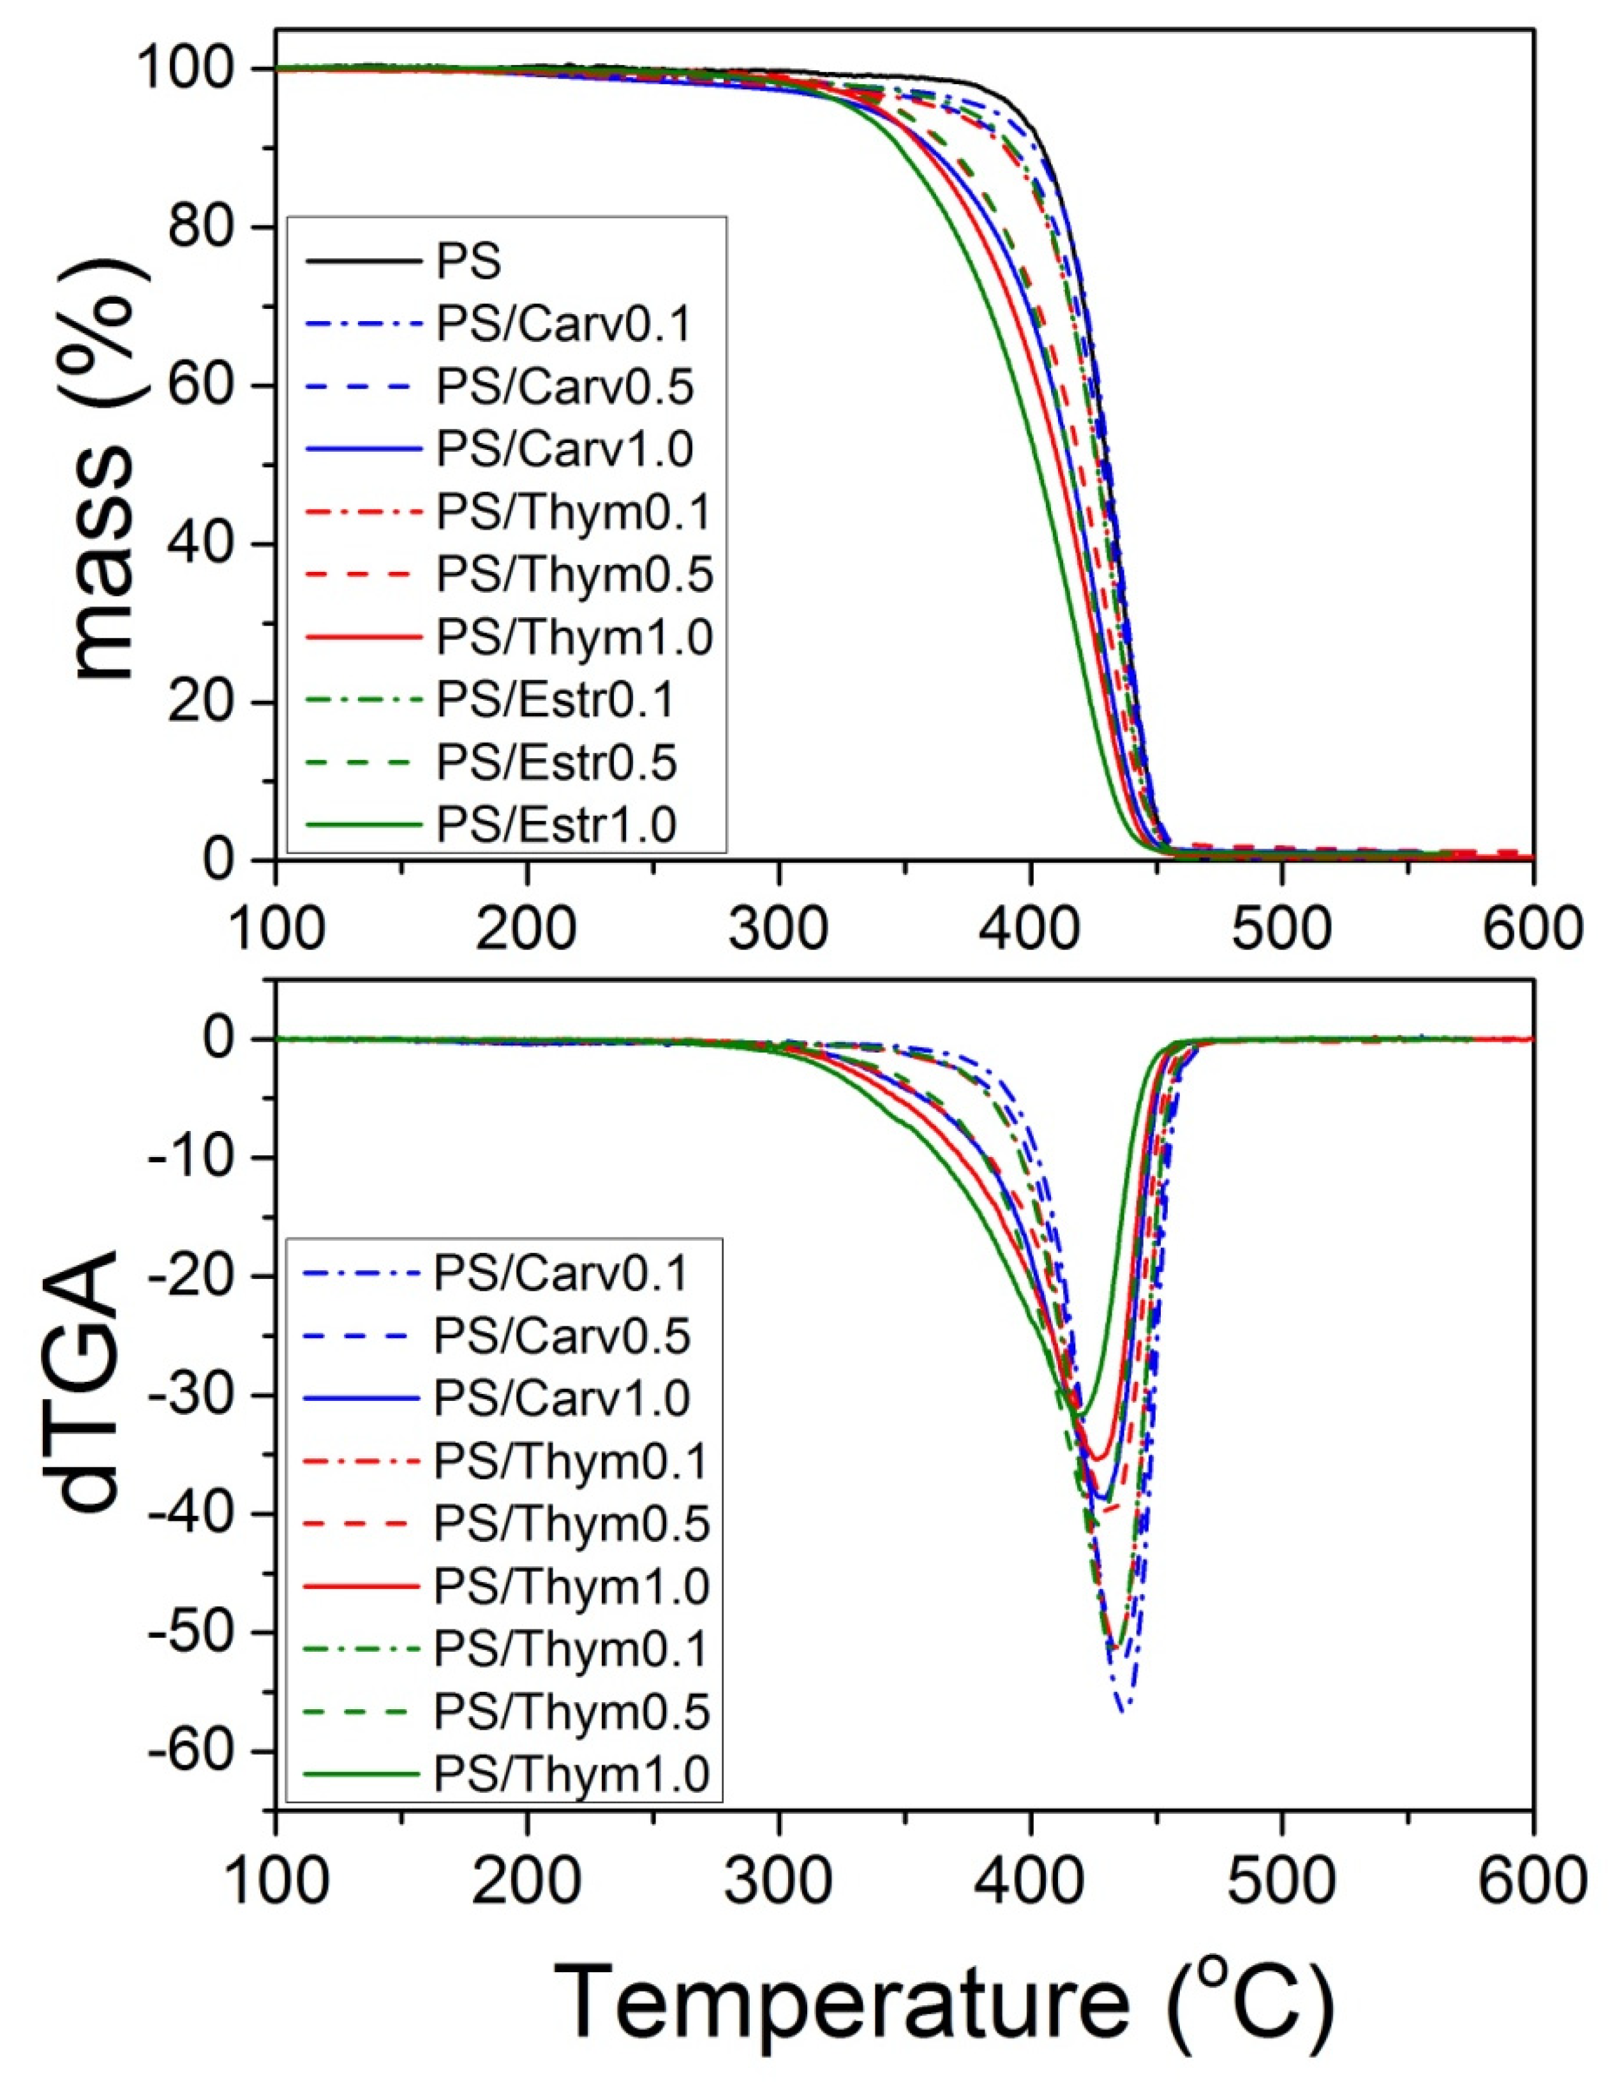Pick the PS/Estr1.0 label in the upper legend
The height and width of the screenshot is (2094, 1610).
pos(556,824)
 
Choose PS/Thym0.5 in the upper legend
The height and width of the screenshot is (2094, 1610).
pos(575,575)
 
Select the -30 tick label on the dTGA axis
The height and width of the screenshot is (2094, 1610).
pos(197,1395)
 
